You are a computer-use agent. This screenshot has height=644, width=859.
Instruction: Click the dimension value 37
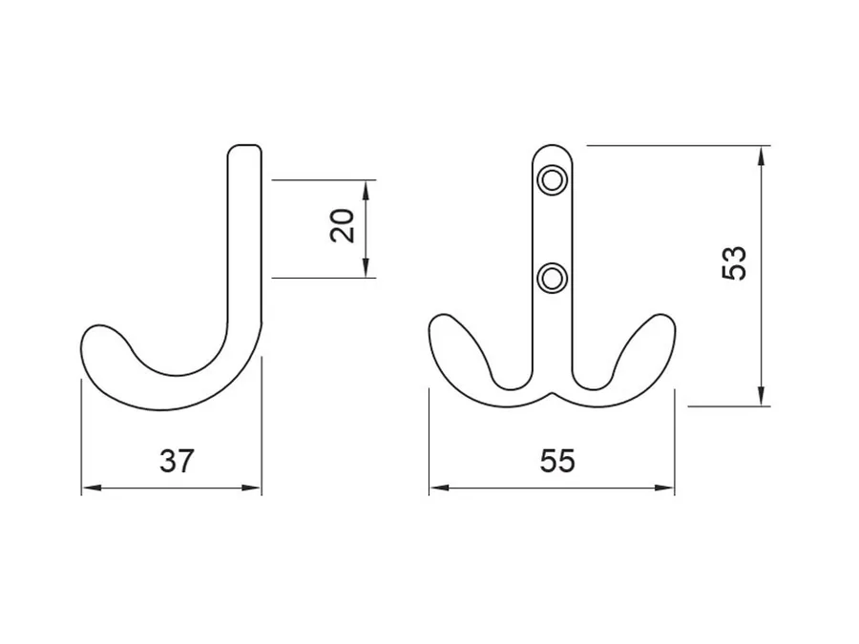pos(177,461)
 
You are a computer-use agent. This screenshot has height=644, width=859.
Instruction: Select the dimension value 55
pos(557,461)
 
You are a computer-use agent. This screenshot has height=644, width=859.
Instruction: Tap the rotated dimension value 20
pos(343,225)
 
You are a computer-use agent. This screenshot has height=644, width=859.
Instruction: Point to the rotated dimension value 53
pos(734,263)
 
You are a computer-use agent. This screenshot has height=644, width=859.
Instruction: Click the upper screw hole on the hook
pos(552,180)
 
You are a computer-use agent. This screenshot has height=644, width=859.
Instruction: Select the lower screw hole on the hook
pos(552,279)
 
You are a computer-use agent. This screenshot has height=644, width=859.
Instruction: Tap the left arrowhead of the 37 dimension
pos(92,488)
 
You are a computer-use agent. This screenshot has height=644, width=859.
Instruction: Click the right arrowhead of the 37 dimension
pos(251,488)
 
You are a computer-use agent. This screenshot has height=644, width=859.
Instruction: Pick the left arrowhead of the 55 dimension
pos(439,488)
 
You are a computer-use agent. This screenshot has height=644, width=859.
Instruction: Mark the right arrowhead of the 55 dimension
pos(664,488)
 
